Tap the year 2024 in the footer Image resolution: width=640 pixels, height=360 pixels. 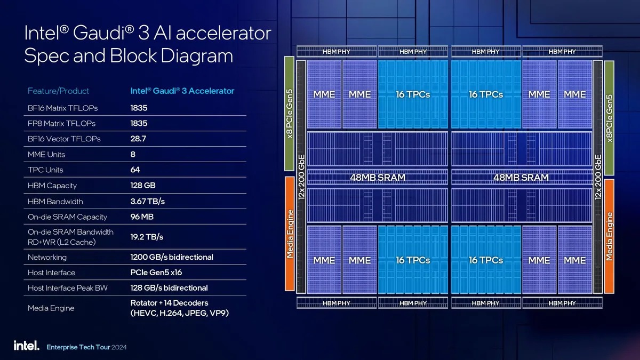118,347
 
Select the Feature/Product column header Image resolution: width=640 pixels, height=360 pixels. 58,91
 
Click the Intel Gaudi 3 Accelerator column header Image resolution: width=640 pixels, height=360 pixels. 182,91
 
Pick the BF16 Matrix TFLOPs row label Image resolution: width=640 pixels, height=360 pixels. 62,108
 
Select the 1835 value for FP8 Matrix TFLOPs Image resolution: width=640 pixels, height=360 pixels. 139,123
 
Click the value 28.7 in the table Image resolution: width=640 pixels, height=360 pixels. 138,139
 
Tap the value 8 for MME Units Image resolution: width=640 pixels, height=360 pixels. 133,154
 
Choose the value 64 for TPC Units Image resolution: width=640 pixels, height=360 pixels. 135,170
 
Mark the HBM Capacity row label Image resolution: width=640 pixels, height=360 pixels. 52,186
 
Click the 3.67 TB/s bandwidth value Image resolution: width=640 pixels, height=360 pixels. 148,202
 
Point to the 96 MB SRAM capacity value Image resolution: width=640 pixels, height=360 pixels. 141,217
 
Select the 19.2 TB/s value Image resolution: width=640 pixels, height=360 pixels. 147,237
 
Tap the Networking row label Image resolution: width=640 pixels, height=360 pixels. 47,257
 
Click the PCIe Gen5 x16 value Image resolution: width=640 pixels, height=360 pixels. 156,273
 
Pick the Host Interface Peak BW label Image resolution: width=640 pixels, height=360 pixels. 67,288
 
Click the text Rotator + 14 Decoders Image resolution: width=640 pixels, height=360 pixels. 169,303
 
